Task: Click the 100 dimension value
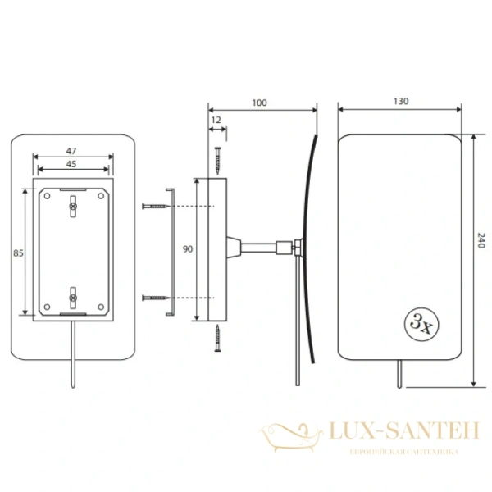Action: coord(259,102)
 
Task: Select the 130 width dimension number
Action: coord(401,101)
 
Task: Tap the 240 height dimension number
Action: coord(481,240)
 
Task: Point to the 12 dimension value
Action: coord(216,120)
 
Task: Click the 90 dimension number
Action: coord(188,249)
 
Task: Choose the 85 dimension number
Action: coord(18,253)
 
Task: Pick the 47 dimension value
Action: coord(71,151)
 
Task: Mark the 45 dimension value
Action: coord(71,164)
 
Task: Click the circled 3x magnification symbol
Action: coord(421,325)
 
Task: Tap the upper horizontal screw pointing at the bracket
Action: coord(157,206)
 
